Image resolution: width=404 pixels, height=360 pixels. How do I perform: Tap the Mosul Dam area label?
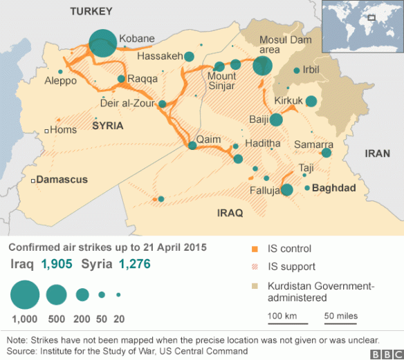click(x=269, y=45)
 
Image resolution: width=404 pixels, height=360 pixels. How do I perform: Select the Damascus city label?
click(x=62, y=180)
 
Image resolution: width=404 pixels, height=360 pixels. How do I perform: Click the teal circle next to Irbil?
click(x=297, y=70)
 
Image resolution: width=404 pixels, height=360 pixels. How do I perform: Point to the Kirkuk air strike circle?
click(x=311, y=102)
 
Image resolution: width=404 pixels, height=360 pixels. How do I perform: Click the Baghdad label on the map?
click(x=333, y=188)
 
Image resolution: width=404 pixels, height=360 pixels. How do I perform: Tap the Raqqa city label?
click(x=142, y=79)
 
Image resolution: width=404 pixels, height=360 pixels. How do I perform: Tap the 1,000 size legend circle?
click(x=25, y=294)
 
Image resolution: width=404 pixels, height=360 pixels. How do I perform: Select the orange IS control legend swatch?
click(x=254, y=249)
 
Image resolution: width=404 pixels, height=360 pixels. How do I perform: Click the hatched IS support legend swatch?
click(x=254, y=267)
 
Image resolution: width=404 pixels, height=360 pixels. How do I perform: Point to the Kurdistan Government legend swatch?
click(x=254, y=285)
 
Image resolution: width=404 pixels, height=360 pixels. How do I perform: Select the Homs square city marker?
click(x=46, y=130)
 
